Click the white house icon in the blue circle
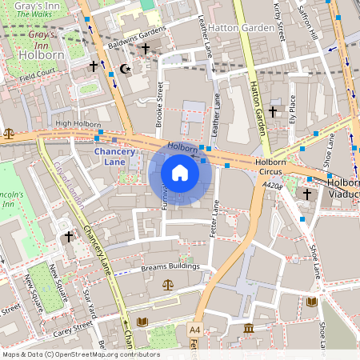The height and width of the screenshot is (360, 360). (180, 173)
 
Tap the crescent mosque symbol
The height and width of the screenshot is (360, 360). (123, 69)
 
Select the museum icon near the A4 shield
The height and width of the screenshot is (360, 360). (249, 328)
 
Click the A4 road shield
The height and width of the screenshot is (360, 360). (194, 330)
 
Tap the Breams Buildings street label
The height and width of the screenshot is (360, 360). (170, 266)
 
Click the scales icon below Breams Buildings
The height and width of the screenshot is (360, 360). (168, 284)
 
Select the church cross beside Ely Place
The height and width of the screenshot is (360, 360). (273, 111)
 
